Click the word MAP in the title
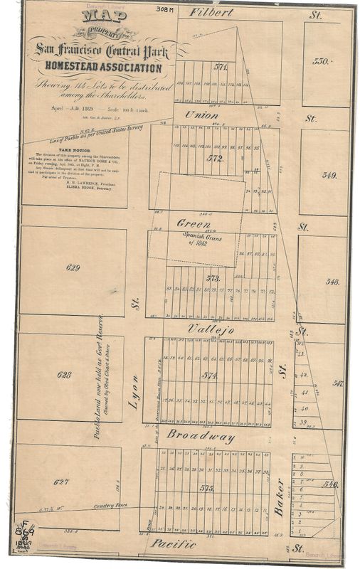(98, 17)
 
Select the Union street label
(201, 115)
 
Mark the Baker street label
(280, 497)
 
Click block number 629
(73, 268)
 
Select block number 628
(64, 374)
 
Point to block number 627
(62, 482)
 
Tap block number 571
(221, 68)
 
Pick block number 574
(208, 375)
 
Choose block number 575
(207, 488)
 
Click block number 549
(329, 174)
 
